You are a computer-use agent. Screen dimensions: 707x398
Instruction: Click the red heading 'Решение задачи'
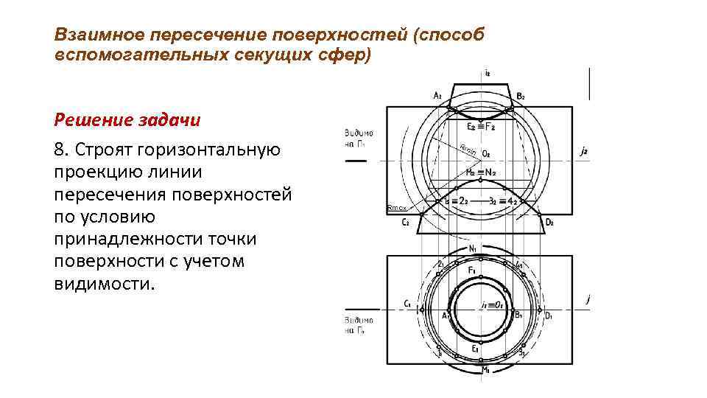[x=127, y=119]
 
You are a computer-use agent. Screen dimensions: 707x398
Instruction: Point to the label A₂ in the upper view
[x=437, y=95]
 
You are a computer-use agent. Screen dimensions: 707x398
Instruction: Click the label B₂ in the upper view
[x=521, y=96]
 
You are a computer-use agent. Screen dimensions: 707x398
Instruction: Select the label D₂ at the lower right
[x=549, y=222]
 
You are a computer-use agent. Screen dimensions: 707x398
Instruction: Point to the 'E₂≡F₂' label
[x=480, y=127]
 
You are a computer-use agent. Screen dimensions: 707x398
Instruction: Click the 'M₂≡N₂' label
[x=480, y=172]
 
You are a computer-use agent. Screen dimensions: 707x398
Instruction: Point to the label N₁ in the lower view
[x=473, y=248]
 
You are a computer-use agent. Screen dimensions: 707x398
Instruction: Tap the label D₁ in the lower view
[x=548, y=315]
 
